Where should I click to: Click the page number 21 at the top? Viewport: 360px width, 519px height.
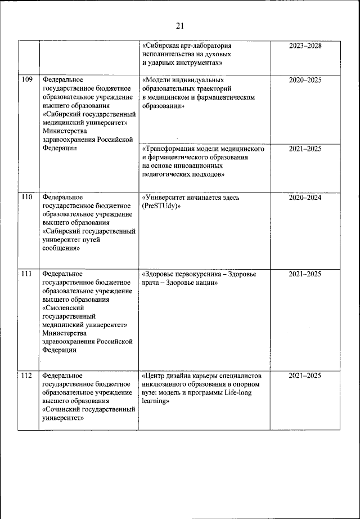coord(180,25)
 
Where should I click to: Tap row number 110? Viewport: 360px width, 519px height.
coord(26,197)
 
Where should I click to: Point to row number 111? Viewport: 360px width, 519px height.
coord(26,274)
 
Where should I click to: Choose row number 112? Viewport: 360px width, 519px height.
coord(26,375)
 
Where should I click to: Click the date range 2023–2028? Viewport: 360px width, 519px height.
coord(305,45)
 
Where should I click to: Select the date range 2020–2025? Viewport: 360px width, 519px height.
coord(305,80)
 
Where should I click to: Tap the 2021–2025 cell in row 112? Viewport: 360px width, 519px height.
coord(305,375)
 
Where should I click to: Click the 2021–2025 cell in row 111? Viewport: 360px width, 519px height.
coord(305,274)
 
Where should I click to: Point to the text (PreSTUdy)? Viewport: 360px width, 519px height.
coord(161,206)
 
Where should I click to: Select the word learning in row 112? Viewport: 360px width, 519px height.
coord(155,401)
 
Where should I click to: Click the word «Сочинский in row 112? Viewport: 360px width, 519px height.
coord(62,410)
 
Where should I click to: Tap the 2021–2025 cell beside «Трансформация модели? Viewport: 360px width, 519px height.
coord(305,149)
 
